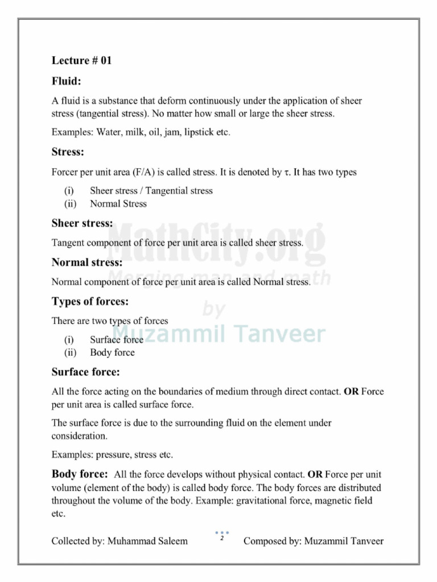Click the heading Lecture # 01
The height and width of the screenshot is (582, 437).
click(81, 61)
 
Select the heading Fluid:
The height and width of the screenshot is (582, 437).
click(67, 81)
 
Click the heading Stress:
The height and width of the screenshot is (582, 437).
click(68, 152)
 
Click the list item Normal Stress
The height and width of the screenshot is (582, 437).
click(118, 203)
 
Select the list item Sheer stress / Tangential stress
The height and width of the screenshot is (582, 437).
click(151, 191)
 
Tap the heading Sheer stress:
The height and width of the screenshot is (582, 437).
click(82, 223)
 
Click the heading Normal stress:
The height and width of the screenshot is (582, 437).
click(86, 263)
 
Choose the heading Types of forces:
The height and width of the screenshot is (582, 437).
click(90, 301)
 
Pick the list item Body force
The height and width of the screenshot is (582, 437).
click(112, 352)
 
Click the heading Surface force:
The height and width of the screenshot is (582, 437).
click(85, 372)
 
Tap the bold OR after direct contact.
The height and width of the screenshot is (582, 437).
click(351, 392)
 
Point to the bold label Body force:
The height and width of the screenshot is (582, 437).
click(80, 474)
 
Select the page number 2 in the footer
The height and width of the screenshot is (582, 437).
click(221, 538)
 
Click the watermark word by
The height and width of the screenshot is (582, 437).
click(214, 310)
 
